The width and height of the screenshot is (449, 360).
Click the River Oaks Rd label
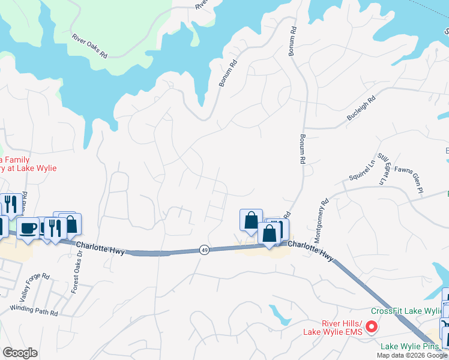89,46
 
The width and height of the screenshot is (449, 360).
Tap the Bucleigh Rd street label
361,108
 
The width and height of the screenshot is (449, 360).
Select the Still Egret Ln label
383,169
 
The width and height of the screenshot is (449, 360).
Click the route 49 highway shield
205,250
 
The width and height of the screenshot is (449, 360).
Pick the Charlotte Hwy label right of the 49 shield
310,250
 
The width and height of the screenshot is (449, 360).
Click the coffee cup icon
28,228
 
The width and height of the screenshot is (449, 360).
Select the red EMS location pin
372,327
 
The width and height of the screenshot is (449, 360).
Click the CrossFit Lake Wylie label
406,311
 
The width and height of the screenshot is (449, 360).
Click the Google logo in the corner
20,353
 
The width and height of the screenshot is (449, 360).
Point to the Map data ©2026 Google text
412,355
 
